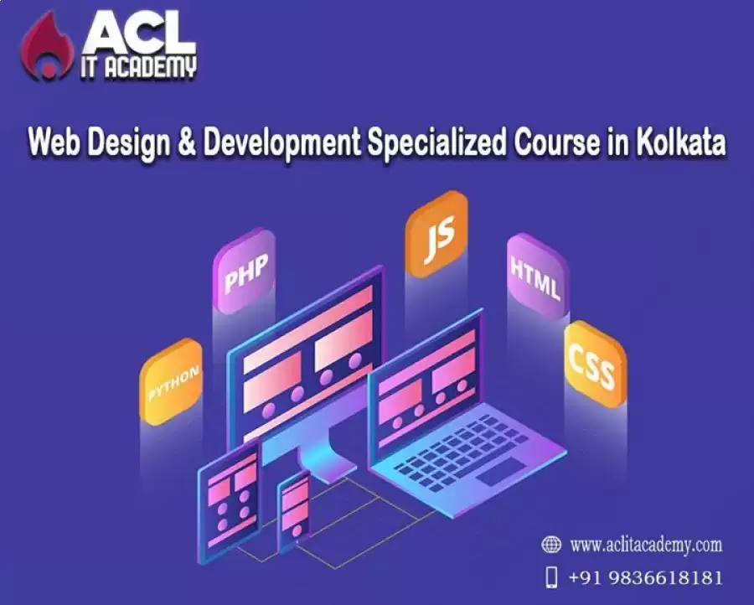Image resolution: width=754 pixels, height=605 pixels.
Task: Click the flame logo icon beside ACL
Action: coord(47,47)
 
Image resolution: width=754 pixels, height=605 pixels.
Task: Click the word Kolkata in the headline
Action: coord(681,142)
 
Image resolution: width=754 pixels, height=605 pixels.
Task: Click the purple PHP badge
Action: coord(245,271)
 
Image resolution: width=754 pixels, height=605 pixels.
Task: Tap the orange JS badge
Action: coord(436,234)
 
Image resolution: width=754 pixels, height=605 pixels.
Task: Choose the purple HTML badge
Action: coord(538,276)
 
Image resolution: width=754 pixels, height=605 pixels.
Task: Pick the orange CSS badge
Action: coord(596,364)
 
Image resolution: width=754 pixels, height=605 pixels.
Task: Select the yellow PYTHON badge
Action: coord(171,381)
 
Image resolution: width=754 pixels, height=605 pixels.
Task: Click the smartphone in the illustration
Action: coord(294,512)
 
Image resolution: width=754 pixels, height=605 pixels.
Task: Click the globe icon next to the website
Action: coord(551,545)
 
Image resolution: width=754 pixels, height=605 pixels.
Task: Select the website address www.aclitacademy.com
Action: coord(646,545)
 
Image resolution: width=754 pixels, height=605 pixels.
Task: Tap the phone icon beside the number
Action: coord(552,577)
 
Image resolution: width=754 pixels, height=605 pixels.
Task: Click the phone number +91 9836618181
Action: coord(646,577)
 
